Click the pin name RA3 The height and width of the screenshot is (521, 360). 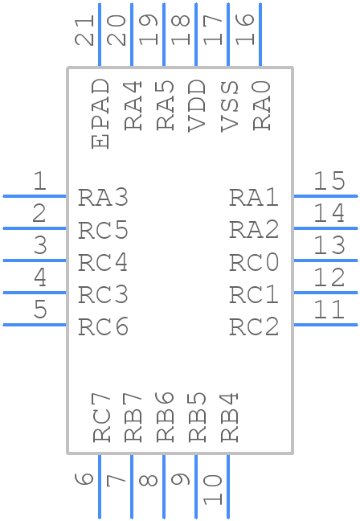(103, 198)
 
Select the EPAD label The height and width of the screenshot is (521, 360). (100, 113)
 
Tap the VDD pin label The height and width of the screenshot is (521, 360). (196, 105)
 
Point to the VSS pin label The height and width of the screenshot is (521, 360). (229, 105)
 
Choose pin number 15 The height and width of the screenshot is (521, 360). (329, 182)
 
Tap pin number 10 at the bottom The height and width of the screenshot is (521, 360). (212, 490)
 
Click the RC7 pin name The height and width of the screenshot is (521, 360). (100, 416)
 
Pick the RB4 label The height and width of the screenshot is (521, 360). (229, 416)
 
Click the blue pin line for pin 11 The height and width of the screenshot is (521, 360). (325, 324)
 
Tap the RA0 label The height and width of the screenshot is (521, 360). (261, 105)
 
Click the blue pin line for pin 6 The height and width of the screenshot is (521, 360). (100, 486)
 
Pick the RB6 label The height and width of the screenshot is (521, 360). (165, 416)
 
